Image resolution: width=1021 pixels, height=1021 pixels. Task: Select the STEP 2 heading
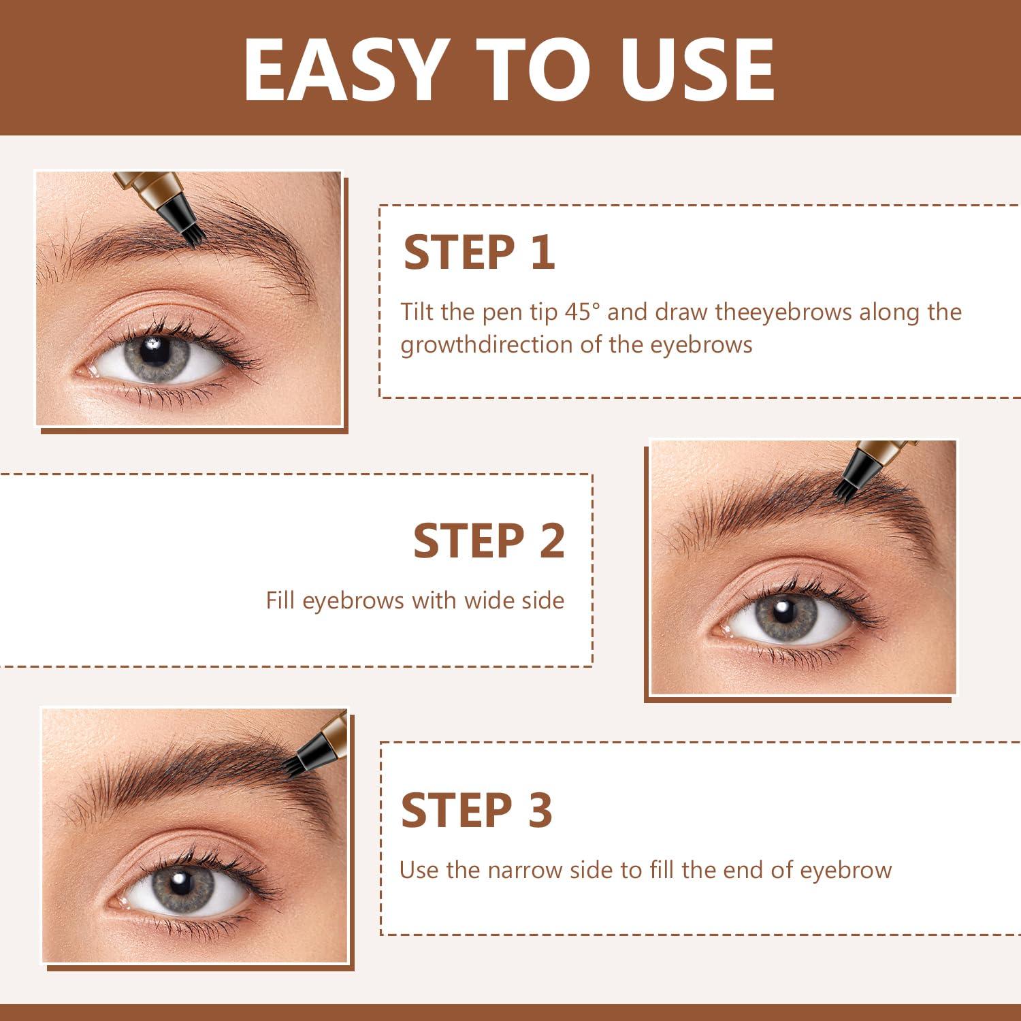coord(489,541)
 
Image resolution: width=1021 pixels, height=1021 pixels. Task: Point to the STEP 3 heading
coord(476,811)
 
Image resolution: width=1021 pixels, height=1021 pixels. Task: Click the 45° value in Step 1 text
coord(583,312)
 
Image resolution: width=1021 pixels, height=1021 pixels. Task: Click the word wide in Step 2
coord(489,600)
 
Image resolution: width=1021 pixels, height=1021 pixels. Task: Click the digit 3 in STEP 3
coord(540,811)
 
